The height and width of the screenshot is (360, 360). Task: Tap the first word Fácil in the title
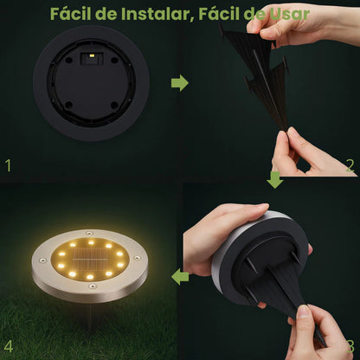click(72, 14)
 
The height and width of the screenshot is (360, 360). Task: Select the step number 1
click(9, 164)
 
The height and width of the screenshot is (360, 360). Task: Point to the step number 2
click(350, 164)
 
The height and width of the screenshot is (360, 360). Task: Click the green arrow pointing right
click(179, 83)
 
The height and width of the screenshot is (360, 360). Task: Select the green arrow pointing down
click(273, 178)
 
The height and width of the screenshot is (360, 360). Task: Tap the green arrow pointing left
click(180, 277)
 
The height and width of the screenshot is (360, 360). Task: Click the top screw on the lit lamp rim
click(90, 231)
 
